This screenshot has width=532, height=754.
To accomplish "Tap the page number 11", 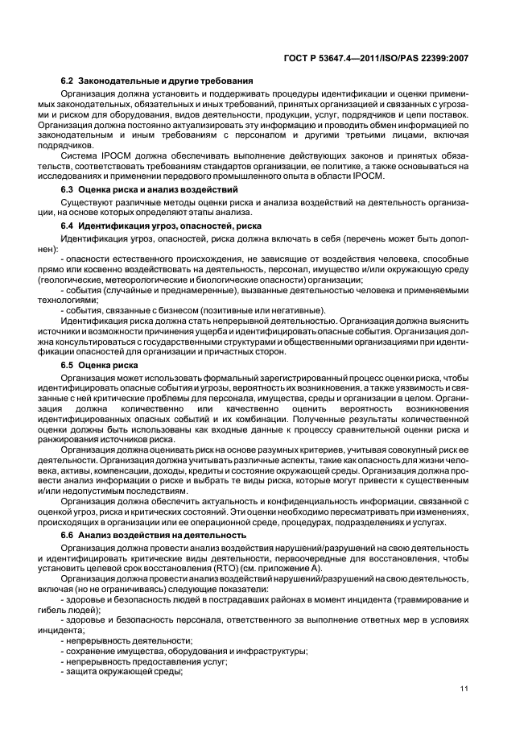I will pos(464,687).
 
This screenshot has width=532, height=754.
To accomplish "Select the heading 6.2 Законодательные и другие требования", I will pos(158,81).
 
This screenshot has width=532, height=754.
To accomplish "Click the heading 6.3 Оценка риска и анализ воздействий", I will pos(149,188).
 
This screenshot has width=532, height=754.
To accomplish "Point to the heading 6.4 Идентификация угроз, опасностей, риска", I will pos(167,227).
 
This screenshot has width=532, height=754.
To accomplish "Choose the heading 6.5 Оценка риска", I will pos(100,364).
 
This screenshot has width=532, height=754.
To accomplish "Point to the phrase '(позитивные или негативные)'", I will pos(256,310).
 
